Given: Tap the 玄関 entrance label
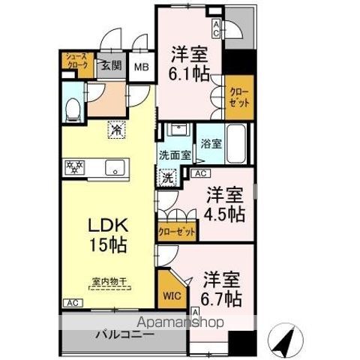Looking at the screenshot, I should pos(112,66).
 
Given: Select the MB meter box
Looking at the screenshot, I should pos(142,67).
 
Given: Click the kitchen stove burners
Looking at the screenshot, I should pos(76,166).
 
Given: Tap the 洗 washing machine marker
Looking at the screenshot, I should pos(168,178).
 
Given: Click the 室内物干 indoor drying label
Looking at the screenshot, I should pos(109,283).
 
